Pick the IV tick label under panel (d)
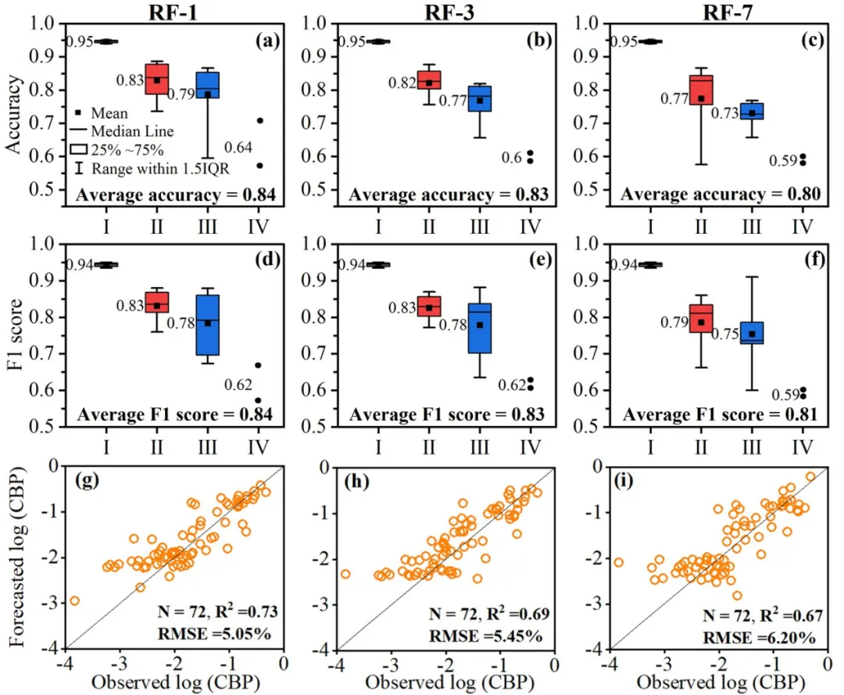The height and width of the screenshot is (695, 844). click(x=258, y=447)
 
